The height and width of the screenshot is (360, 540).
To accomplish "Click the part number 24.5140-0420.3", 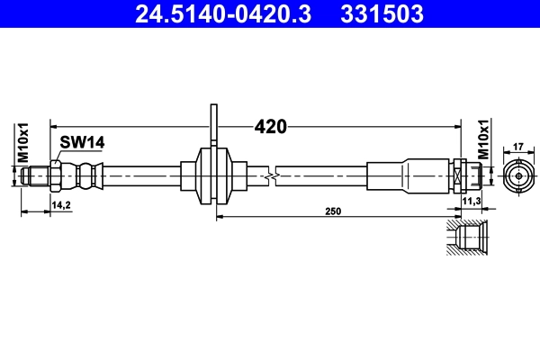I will (x=227, y=14).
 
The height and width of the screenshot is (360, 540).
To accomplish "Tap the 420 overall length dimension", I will (x=270, y=126).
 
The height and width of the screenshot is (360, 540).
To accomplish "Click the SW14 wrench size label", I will (x=83, y=140).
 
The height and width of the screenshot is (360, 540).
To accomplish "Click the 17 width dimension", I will (x=517, y=145).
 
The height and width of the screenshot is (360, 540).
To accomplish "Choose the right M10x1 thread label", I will (x=483, y=140).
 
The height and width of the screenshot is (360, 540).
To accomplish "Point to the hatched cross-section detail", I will (x=468, y=238).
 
